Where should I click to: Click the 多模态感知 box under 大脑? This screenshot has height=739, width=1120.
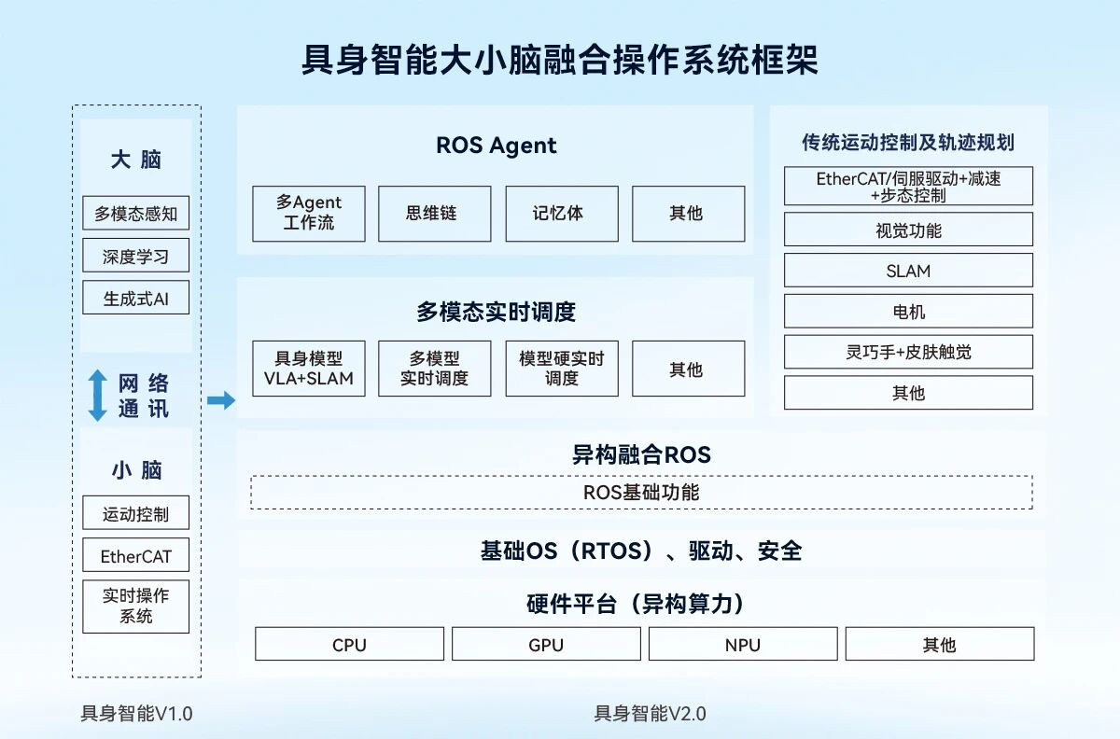135,214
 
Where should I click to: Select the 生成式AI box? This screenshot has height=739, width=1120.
135,299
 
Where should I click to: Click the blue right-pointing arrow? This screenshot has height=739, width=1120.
221,400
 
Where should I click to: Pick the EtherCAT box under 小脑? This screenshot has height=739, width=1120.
135,556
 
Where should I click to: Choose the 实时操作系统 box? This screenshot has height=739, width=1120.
135,607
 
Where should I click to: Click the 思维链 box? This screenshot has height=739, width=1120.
434,214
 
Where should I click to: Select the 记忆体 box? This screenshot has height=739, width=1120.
561,214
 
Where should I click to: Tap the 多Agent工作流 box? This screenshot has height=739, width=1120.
308,214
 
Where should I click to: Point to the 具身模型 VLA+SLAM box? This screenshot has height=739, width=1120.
308,368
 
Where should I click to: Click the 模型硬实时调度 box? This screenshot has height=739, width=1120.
561,368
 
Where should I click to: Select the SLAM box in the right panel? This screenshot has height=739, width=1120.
908,271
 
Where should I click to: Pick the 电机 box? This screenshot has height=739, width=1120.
908,312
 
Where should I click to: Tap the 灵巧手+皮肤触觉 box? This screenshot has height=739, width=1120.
908,352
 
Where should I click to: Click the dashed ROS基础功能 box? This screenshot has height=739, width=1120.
641,493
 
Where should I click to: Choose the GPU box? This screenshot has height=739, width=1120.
546,644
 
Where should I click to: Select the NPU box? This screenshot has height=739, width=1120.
743,644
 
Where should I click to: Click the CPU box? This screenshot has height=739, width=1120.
349,644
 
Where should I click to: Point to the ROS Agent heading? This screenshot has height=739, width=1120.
496,146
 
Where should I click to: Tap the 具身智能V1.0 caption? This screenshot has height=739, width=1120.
136,714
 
